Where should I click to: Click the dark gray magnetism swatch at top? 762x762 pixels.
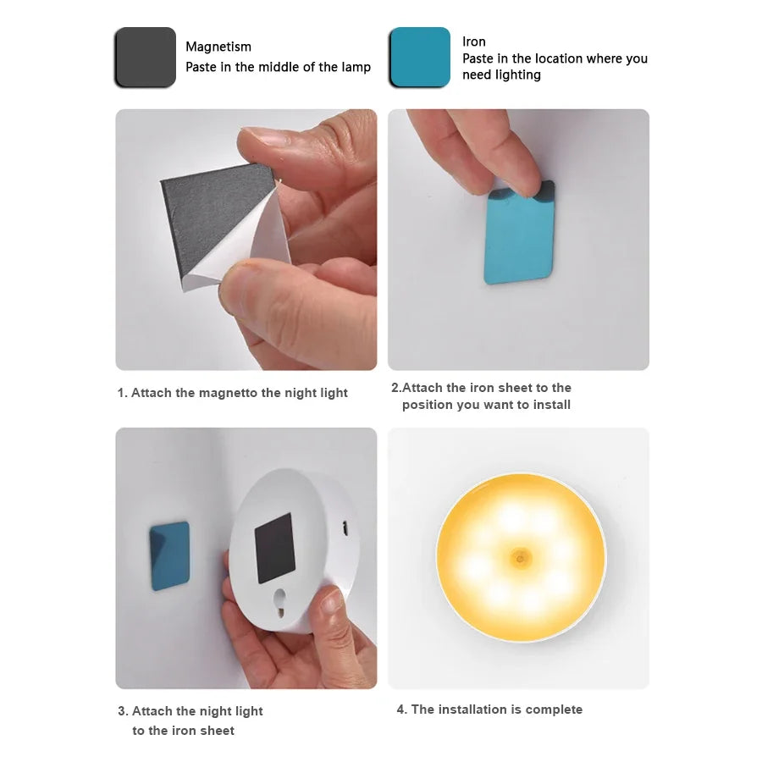(145, 58)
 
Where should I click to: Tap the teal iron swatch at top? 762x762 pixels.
(419, 58)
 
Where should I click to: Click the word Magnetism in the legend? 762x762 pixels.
(218, 47)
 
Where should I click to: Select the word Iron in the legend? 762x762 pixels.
(474, 41)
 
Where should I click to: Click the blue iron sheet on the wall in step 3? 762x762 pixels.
(169, 555)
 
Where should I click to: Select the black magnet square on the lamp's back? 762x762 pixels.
(274, 547)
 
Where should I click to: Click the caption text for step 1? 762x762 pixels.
(233, 393)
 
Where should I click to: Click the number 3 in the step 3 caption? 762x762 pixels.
(122, 711)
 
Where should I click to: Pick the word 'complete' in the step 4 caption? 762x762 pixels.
(554, 710)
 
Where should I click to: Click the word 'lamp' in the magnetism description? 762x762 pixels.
(356, 67)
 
